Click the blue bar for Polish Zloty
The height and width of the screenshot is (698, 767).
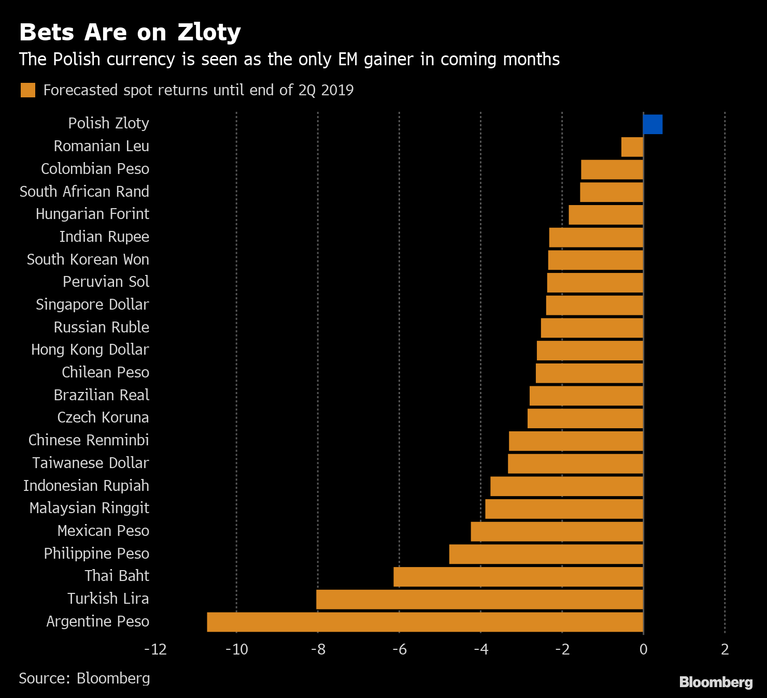tap(652, 124)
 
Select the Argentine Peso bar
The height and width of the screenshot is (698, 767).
tap(425, 622)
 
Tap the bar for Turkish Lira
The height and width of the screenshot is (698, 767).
tap(479, 599)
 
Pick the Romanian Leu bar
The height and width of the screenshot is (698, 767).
tap(632, 147)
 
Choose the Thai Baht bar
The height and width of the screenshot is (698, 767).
tap(518, 577)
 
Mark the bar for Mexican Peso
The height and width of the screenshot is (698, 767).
tap(557, 532)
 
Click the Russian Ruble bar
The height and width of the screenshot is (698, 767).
tap(592, 328)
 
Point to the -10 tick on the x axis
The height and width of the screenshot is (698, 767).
tap(237, 649)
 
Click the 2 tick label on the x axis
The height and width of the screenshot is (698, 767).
tap(725, 649)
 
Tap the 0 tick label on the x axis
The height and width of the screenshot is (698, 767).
tap(643, 649)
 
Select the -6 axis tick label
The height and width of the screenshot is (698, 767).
tap(399, 649)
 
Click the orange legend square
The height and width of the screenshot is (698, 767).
tap(28, 90)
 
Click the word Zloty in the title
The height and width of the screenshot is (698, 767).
tap(209, 32)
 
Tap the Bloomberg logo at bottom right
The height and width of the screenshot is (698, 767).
tap(716, 682)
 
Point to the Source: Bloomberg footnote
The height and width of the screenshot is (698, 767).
tap(84, 678)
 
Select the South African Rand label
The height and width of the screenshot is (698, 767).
tap(84, 192)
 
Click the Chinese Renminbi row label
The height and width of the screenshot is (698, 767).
tap(89, 440)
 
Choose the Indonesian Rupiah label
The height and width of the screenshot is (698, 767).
tap(86, 486)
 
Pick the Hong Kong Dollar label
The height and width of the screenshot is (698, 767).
tap(90, 350)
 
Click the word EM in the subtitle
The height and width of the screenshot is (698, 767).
tap(348, 60)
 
